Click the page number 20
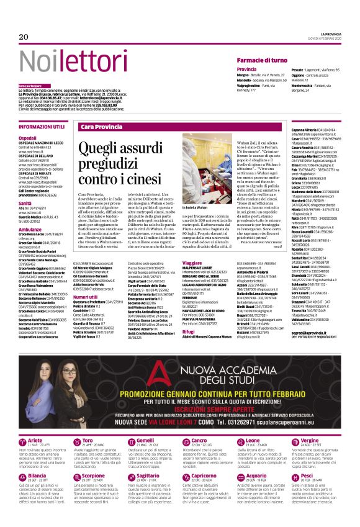pos(24,37)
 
